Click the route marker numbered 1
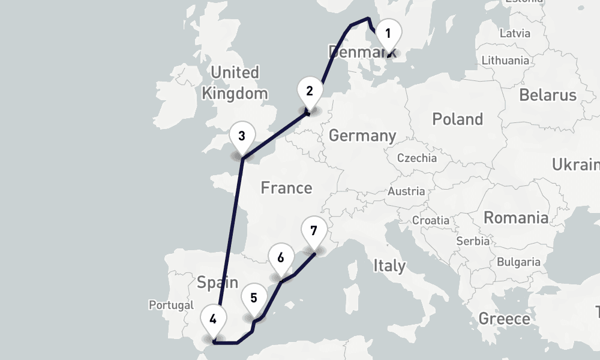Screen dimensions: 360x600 [388, 34]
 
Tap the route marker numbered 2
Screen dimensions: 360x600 [310, 92]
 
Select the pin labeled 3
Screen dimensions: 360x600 [241, 136]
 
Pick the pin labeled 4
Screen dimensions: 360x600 [213, 319]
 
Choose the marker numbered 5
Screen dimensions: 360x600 [254, 298]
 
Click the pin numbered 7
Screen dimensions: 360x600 [314, 230]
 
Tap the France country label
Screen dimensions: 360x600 [286, 188]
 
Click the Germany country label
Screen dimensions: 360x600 [362, 136]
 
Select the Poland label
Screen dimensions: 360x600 [457, 119]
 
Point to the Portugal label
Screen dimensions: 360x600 [172, 305]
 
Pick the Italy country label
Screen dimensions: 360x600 [389, 265]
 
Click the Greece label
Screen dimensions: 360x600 [504, 319]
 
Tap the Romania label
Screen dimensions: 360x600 [516, 217]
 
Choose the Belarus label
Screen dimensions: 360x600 [547, 95]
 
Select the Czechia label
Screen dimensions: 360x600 [417, 158]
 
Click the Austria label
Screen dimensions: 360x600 [406, 192]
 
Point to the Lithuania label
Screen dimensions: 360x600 [505, 60]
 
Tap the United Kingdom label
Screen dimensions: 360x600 [235, 83]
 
